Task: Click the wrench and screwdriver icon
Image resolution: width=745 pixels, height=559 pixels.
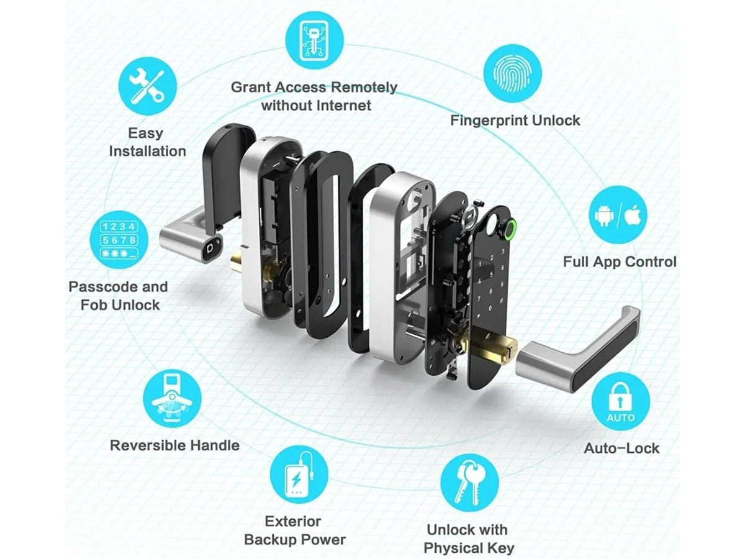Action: (x=147, y=86)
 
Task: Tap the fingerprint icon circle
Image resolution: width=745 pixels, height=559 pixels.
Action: (x=512, y=74)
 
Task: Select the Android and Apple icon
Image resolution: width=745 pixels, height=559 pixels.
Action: (x=618, y=215)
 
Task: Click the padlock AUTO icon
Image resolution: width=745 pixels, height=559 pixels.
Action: (x=620, y=401)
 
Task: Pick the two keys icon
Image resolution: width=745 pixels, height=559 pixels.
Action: (x=469, y=483)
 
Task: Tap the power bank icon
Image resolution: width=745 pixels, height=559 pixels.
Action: (x=299, y=474)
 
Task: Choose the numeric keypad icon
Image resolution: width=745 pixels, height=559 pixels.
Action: (x=119, y=240)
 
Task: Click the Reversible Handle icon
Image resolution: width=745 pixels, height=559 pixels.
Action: (x=172, y=399)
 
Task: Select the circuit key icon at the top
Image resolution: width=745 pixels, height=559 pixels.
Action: (x=314, y=39)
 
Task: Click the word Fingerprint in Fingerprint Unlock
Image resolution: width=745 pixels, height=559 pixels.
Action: (x=489, y=121)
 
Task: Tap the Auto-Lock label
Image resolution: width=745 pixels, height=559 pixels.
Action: (x=621, y=448)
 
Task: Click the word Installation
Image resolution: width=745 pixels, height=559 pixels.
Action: (x=147, y=151)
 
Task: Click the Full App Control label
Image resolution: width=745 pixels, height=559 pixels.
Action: (x=620, y=261)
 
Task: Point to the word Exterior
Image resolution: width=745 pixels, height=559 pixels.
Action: (x=292, y=521)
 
